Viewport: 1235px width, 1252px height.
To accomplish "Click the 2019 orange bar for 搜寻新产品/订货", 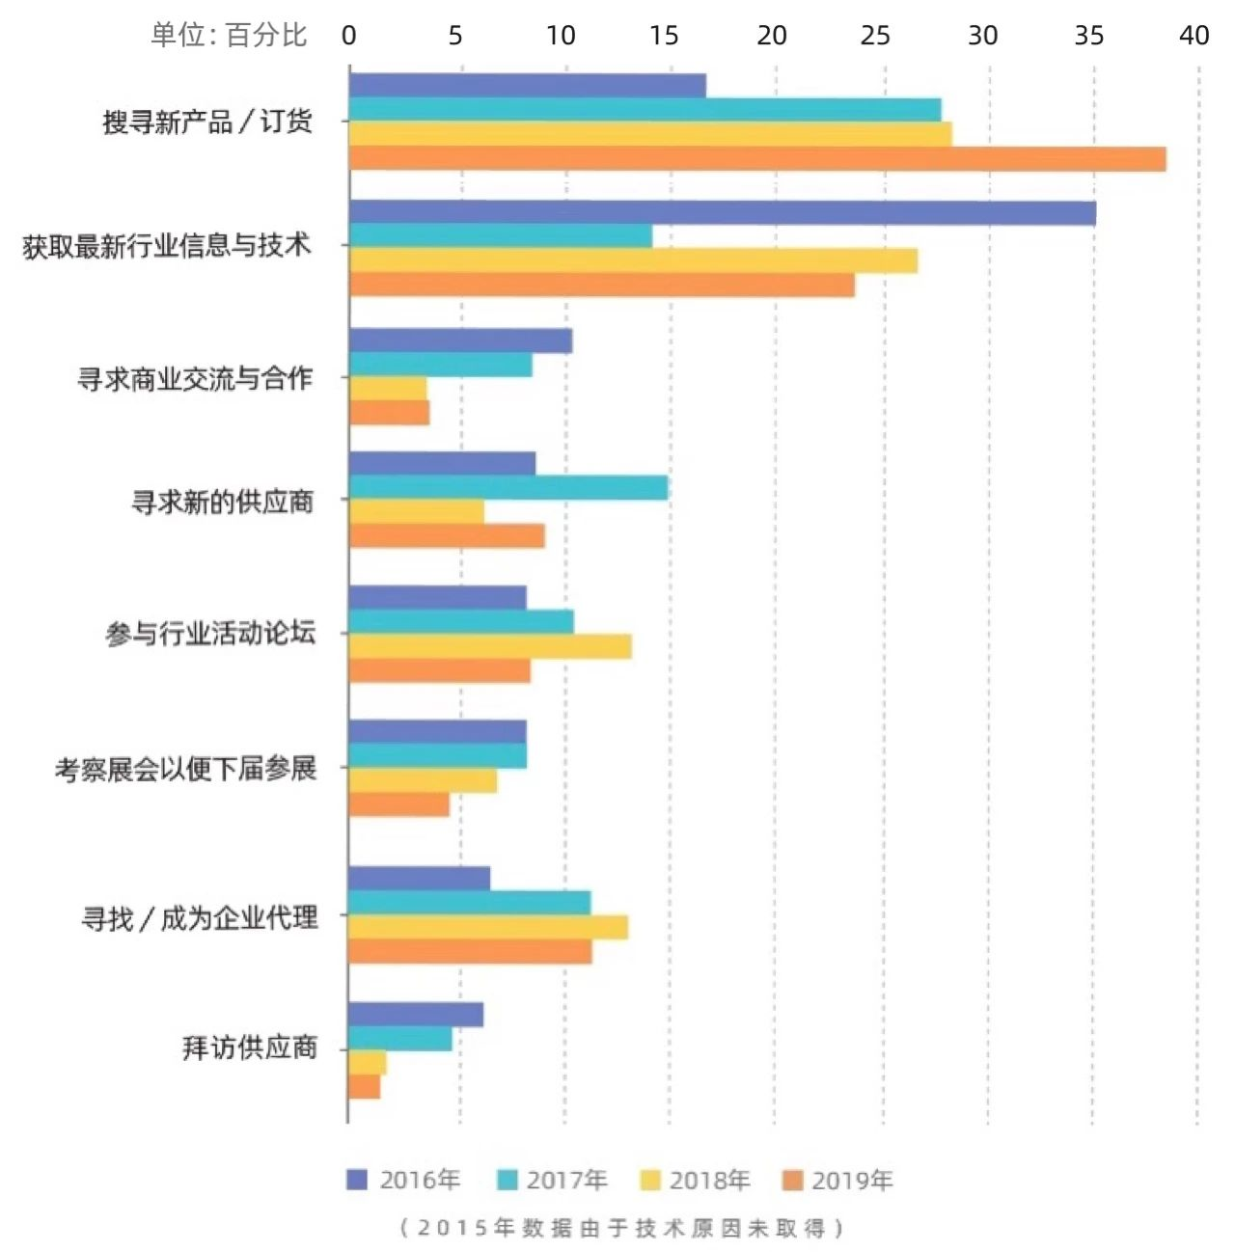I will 757,159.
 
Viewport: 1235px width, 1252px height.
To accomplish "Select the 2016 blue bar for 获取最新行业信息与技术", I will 722,212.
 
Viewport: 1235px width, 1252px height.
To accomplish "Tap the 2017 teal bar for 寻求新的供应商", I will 508,488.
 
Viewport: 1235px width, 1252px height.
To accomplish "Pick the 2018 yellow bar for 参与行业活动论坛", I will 490,646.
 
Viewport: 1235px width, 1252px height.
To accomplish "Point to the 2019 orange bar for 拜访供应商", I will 365,1087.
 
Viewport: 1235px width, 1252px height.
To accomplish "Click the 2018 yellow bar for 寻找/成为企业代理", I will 488,927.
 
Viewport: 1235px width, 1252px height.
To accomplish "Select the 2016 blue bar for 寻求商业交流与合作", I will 460,340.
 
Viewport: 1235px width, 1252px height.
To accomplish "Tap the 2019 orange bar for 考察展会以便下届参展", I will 399,804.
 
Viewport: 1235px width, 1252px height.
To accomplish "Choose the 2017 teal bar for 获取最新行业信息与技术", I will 501,236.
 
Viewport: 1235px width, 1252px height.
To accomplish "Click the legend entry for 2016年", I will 404,1180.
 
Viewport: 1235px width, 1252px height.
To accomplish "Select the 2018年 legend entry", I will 696,1180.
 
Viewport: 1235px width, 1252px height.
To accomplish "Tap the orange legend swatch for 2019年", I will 793,1180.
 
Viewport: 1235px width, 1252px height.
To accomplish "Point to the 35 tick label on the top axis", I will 1088,36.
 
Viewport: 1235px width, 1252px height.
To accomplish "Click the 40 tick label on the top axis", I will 1194,36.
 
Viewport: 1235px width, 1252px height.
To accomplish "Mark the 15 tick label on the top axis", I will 664,36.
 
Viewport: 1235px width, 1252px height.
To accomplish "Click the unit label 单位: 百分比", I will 229,36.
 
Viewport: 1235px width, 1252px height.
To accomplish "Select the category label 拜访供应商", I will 250,1048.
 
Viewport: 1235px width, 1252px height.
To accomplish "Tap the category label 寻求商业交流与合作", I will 195,378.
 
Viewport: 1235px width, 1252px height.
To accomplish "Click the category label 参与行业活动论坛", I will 210,634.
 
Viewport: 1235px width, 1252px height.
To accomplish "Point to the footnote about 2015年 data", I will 621,1228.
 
